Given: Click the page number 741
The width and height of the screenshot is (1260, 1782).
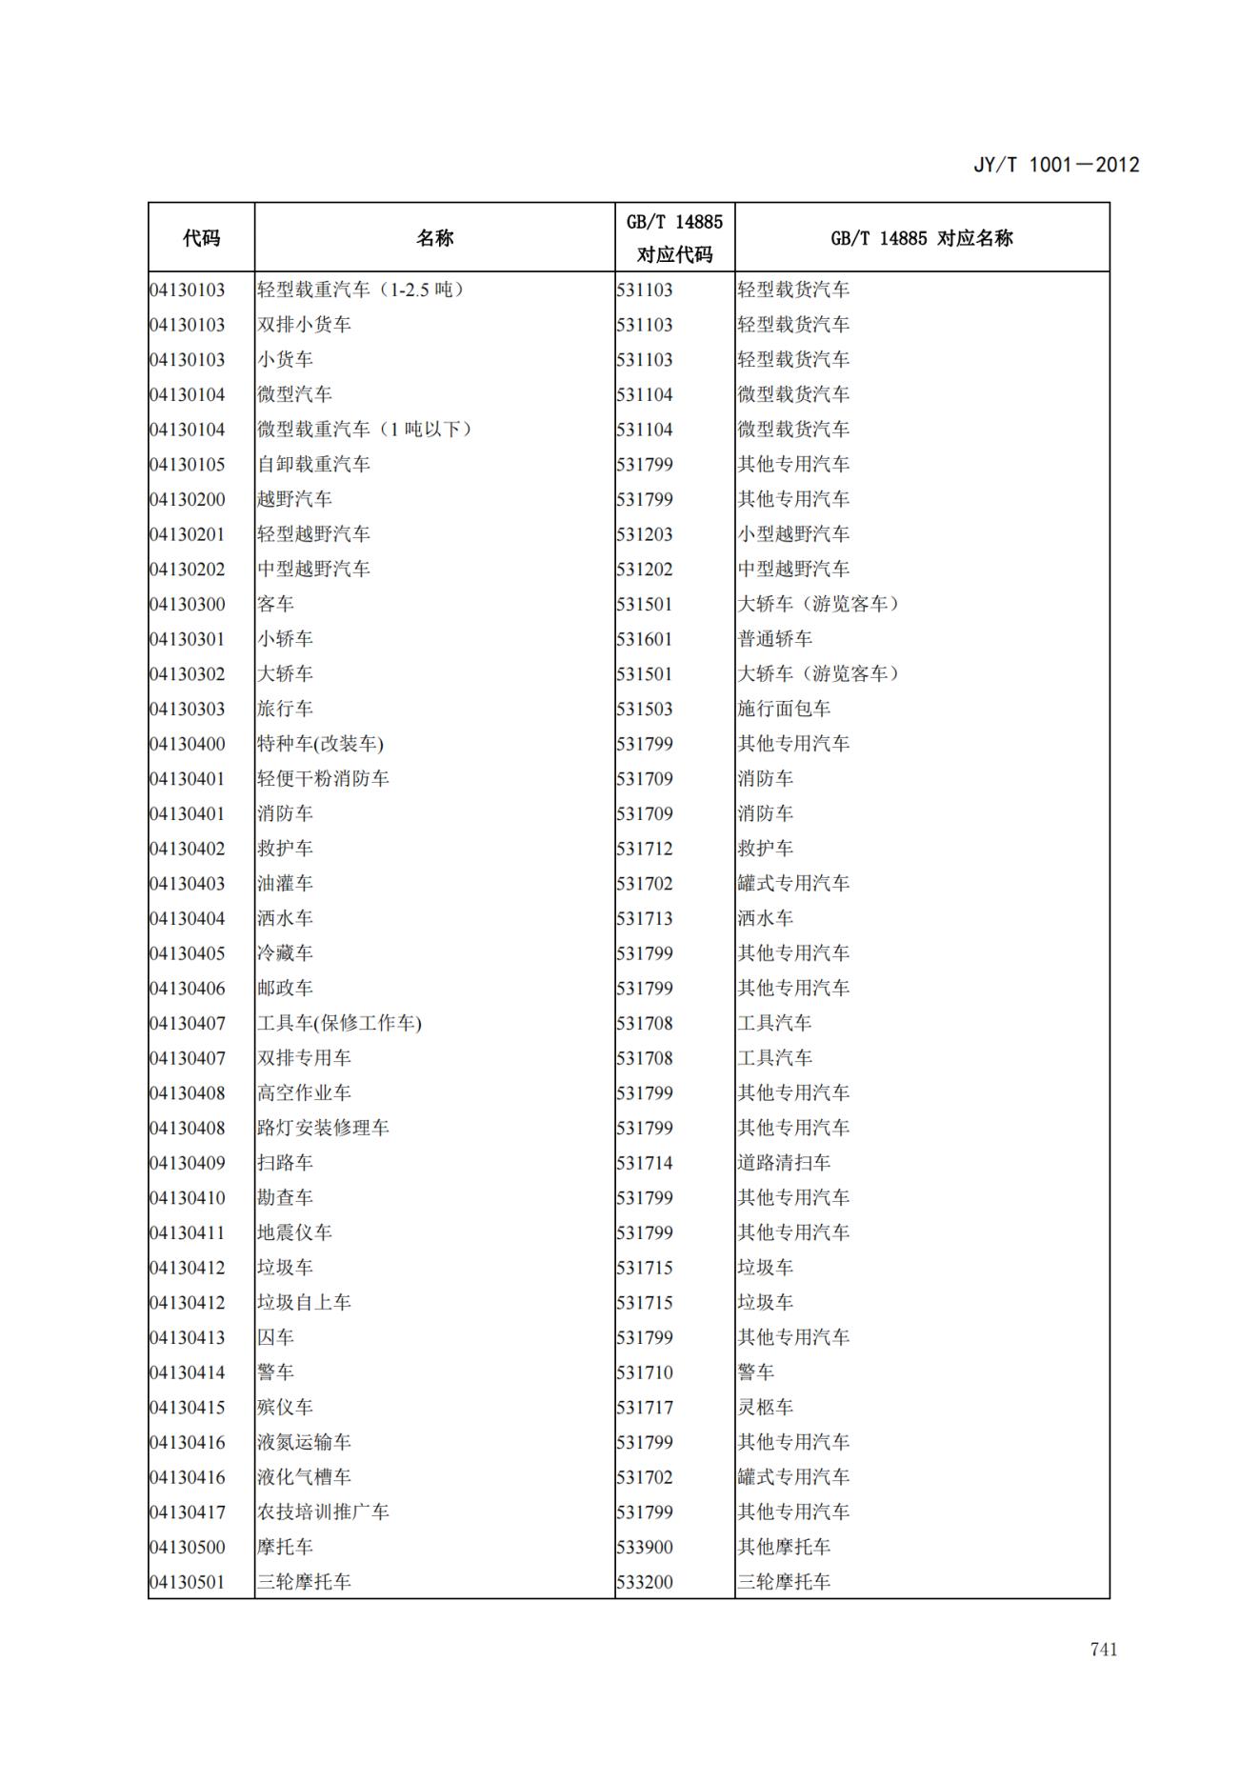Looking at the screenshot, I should [1103, 1649].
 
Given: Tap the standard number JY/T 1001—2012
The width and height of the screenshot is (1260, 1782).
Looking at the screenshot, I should [1055, 165].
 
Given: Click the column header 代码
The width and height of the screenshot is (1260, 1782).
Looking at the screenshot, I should [201, 238].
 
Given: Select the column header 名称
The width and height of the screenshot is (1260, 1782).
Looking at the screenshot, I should [434, 238].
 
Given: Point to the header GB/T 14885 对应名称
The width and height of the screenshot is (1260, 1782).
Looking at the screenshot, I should [921, 238].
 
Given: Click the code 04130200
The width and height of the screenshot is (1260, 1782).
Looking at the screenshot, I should [188, 499].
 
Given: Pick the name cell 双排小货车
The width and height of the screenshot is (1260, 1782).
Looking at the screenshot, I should [304, 325].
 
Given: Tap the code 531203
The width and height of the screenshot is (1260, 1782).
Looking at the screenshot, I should [645, 534].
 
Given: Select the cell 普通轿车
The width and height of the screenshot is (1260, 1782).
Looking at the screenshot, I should [774, 639].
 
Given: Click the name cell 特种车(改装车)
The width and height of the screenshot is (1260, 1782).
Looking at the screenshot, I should [320, 744].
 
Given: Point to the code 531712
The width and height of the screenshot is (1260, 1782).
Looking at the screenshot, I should [645, 849].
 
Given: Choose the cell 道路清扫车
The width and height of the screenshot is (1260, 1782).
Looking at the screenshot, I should [784, 1163].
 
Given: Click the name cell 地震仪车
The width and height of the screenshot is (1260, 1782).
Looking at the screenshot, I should [294, 1232].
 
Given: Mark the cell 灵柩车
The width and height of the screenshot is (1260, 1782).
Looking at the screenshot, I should [765, 1407].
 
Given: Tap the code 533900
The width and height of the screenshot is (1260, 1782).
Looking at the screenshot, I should [645, 1547].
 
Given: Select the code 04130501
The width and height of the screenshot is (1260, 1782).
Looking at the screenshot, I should [188, 1582].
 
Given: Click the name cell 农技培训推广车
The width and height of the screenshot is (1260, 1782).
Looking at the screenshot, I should [323, 1512].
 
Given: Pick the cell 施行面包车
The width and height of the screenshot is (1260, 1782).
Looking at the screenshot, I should [784, 709].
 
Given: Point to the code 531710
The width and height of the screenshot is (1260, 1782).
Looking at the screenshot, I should [645, 1372].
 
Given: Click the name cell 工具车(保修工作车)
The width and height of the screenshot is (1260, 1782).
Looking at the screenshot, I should [339, 1023].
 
